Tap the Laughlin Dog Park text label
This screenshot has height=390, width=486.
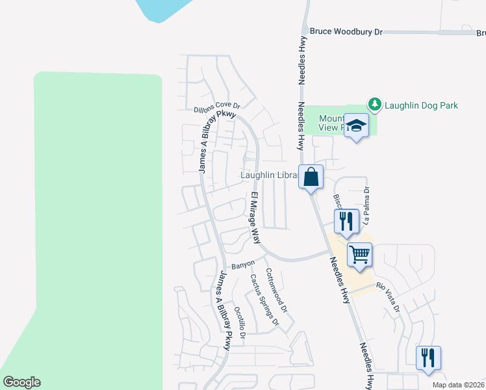point(421,105)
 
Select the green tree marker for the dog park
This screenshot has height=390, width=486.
point(374,104)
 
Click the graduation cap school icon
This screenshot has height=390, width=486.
point(356,125)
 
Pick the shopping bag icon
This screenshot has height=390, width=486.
point(311,177)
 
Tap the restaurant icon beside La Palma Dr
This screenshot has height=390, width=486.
point(346,221)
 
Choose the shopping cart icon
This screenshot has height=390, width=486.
point(359,253)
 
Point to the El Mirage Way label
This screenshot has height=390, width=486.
point(255,217)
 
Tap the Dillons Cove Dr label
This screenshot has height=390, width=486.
point(217,108)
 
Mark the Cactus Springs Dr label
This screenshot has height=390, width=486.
point(264,300)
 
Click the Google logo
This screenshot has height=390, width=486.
point(21,382)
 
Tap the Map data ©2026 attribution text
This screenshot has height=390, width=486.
point(458,385)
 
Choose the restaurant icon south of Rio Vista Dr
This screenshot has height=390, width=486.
point(428,357)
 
